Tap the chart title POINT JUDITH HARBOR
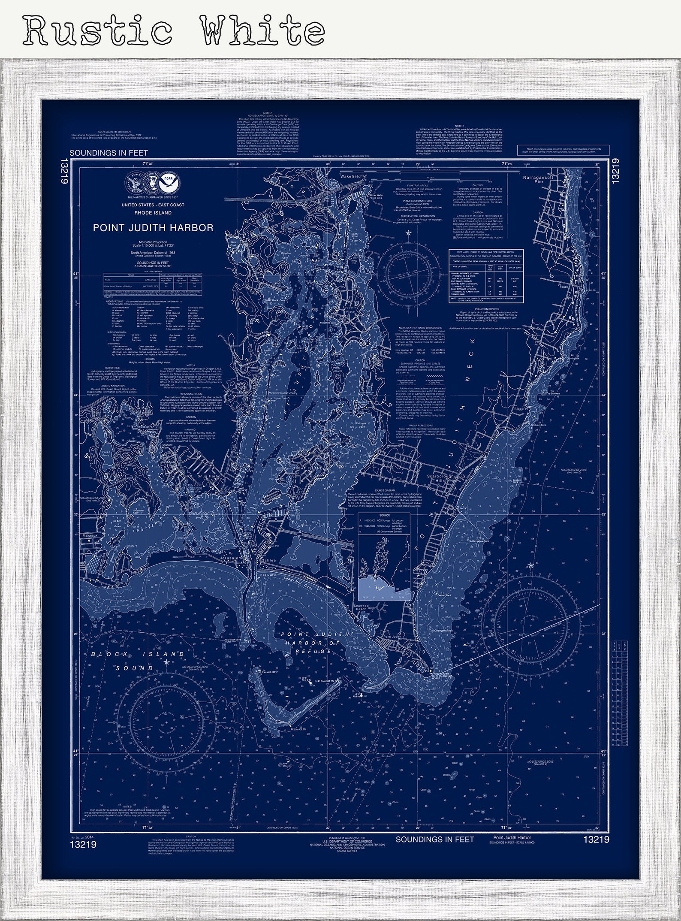153,228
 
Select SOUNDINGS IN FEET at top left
108,153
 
